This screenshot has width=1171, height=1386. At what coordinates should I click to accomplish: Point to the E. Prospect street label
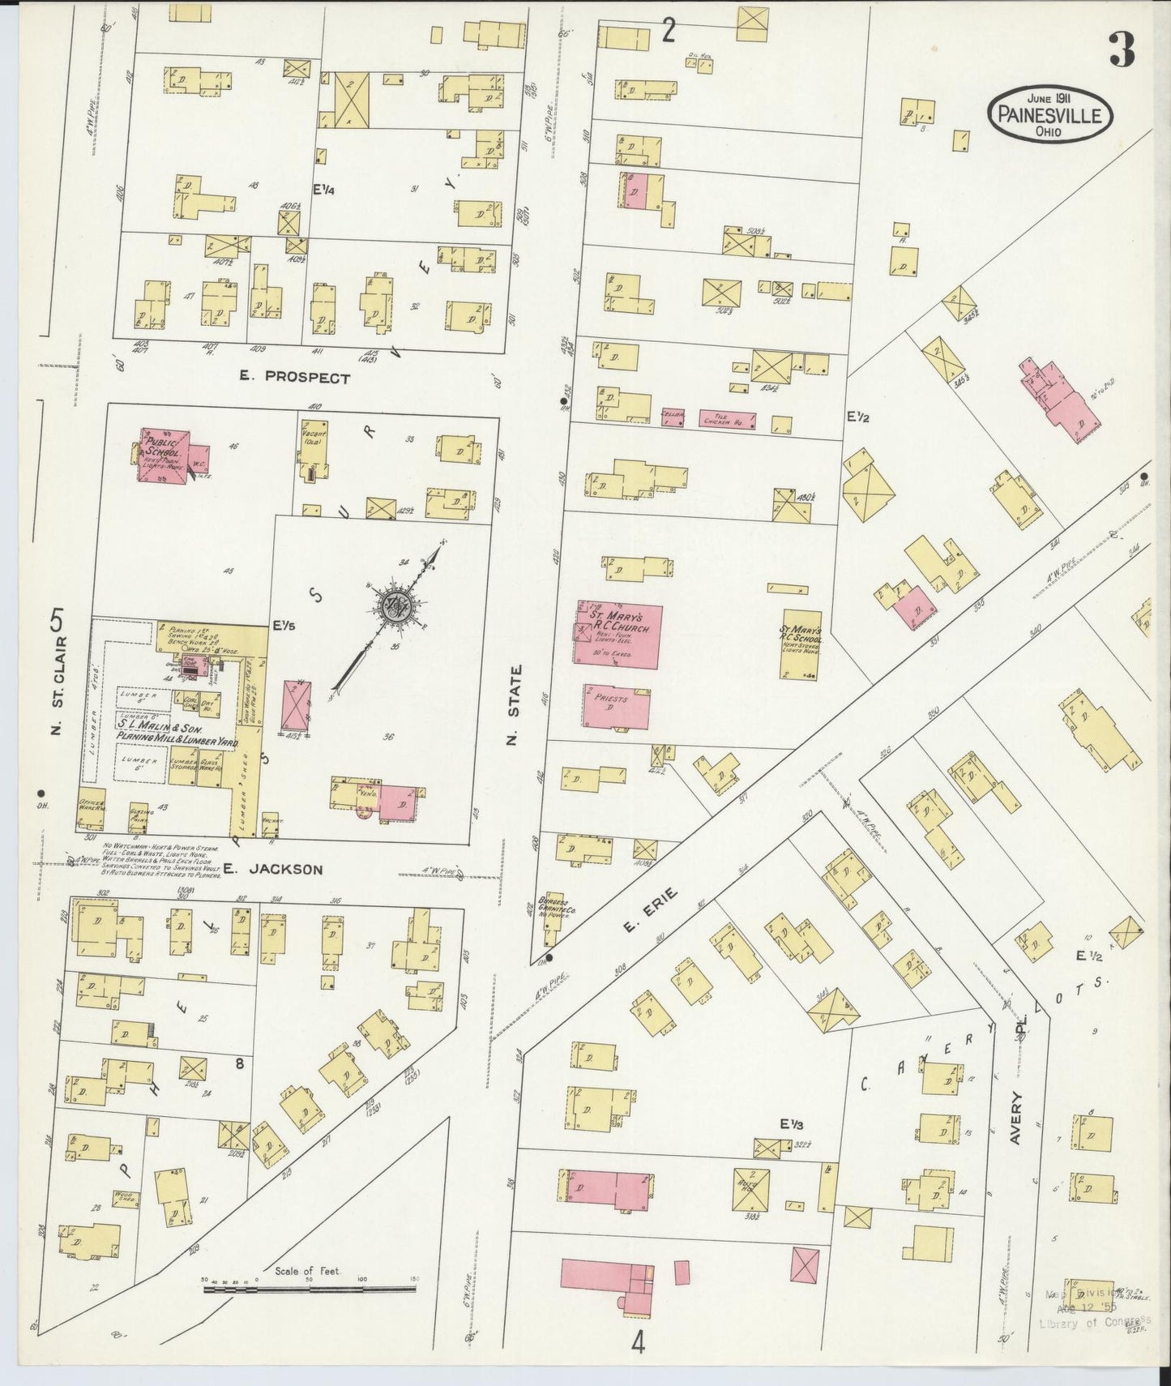(x=295, y=378)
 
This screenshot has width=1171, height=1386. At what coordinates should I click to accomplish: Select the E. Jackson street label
(x=274, y=869)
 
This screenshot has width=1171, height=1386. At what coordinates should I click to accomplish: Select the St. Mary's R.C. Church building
(x=618, y=634)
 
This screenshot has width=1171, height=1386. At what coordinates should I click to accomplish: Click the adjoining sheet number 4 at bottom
(x=639, y=1344)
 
